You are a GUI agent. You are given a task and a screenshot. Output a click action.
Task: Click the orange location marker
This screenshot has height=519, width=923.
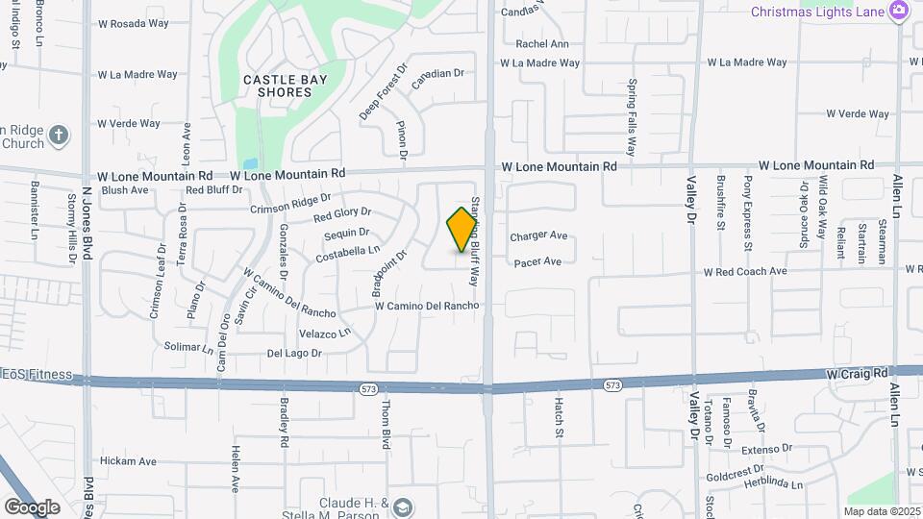[x=462, y=230]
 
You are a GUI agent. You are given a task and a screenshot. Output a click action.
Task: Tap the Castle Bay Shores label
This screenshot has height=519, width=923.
[x=285, y=86]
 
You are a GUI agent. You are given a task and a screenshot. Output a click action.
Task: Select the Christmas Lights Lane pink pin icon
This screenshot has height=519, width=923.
[x=900, y=11]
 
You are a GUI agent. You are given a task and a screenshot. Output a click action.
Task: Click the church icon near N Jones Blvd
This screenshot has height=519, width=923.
[x=59, y=135]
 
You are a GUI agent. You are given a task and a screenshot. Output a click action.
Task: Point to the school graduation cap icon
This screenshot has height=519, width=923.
[x=405, y=507]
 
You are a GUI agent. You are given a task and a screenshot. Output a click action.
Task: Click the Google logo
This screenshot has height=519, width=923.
[x=32, y=507]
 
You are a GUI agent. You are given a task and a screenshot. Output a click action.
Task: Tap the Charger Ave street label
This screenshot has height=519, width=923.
[x=538, y=235]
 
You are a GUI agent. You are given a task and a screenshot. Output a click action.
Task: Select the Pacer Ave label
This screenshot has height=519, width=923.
[x=536, y=261]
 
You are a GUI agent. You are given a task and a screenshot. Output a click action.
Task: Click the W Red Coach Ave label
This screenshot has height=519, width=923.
[x=745, y=272]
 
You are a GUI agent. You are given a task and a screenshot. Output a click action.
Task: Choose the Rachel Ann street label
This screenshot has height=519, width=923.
[x=542, y=44]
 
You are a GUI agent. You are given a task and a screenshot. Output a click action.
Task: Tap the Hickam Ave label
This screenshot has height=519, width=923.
[x=128, y=461]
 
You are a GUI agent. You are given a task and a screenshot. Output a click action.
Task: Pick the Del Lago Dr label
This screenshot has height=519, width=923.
[x=293, y=354]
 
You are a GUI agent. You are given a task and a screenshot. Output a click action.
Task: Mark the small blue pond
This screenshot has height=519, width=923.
[x=250, y=164]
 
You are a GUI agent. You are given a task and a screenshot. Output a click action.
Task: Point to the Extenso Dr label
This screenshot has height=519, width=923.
[x=765, y=448]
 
